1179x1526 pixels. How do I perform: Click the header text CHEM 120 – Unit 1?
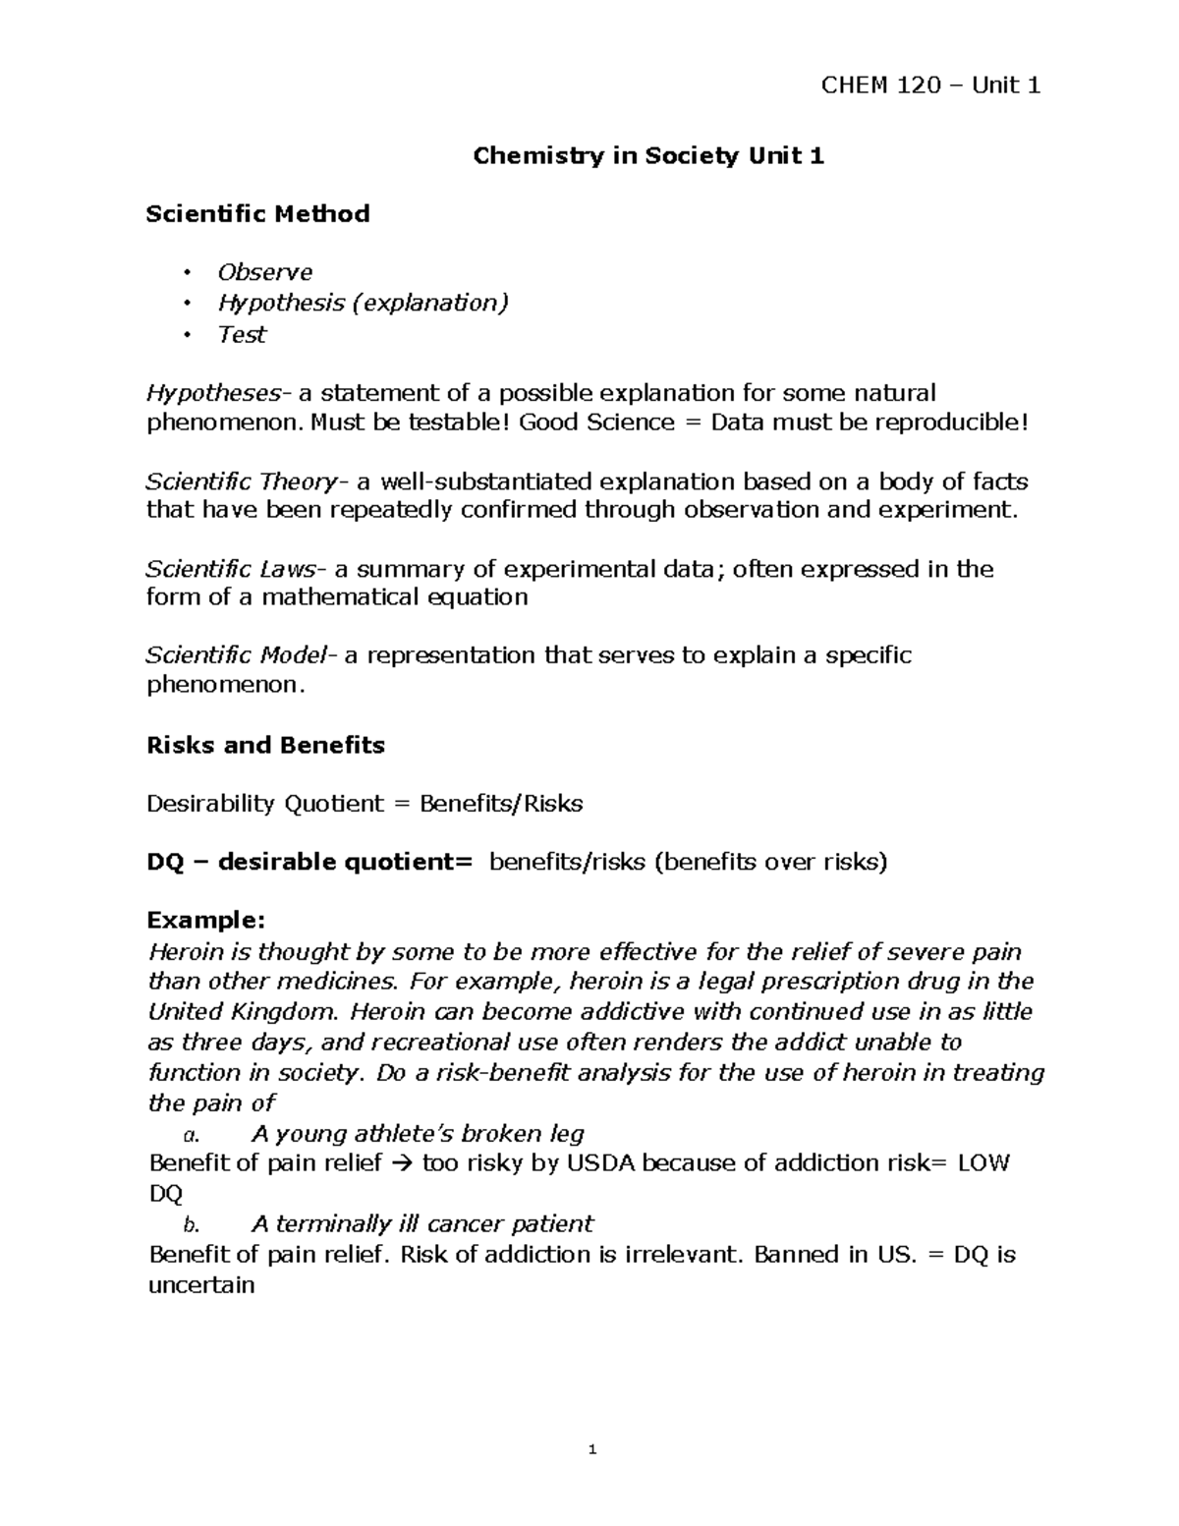tap(929, 85)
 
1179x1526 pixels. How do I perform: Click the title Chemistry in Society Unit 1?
tap(648, 155)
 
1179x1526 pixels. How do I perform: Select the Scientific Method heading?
tap(257, 213)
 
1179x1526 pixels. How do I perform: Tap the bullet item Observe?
tap(264, 272)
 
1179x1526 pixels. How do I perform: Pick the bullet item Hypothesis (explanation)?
tap(363, 303)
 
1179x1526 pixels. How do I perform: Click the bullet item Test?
tap(242, 334)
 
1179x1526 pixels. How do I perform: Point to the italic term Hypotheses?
tap(214, 393)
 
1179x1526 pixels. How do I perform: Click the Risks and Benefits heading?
tap(265, 745)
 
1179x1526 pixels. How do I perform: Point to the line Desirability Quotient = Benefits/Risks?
tap(365, 804)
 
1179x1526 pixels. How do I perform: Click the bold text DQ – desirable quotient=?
tap(309, 862)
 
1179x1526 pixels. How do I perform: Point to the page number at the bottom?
tap(591, 1449)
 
